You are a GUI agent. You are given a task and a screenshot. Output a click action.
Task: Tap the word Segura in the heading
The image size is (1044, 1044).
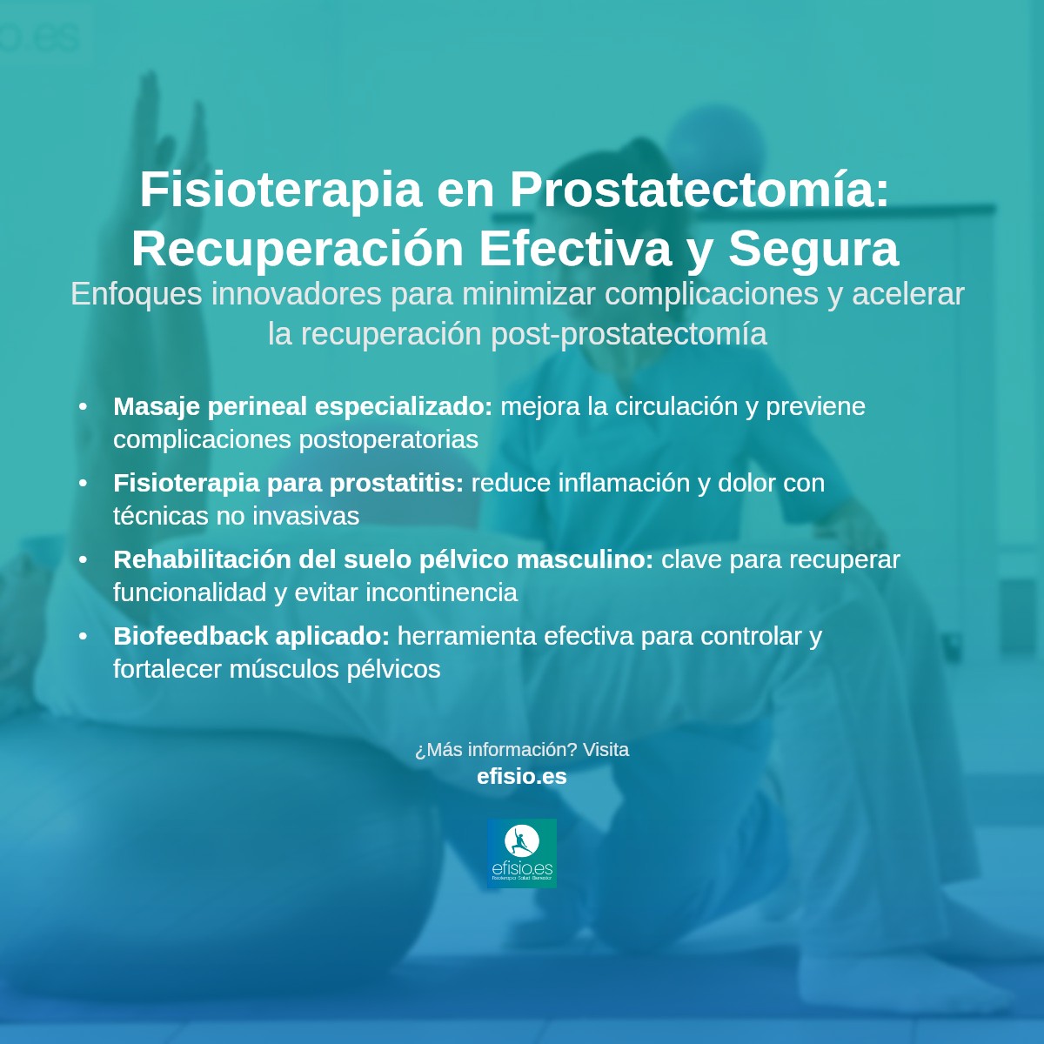813,248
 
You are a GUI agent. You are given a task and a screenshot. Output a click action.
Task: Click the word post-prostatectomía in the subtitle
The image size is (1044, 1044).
629,334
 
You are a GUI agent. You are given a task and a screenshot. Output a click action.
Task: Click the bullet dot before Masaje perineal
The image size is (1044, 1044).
84,407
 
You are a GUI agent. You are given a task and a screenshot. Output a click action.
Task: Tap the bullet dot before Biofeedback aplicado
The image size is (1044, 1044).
84,637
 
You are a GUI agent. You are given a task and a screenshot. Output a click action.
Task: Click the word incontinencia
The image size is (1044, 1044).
441,592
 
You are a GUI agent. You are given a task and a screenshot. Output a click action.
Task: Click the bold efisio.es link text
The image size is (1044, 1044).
522,776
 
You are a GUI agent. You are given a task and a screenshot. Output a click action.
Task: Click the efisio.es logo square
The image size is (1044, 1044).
522,853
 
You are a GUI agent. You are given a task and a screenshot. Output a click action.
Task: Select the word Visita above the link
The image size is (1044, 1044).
606,750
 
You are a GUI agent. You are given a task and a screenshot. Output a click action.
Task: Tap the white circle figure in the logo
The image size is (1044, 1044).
522,841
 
